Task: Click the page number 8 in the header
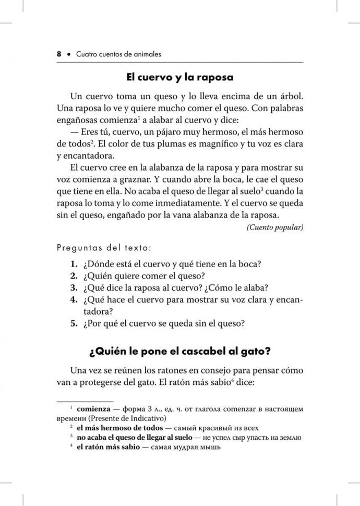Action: click(x=59, y=54)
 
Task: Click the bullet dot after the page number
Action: click(x=69, y=54)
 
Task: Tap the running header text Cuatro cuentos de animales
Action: click(x=118, y=54)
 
